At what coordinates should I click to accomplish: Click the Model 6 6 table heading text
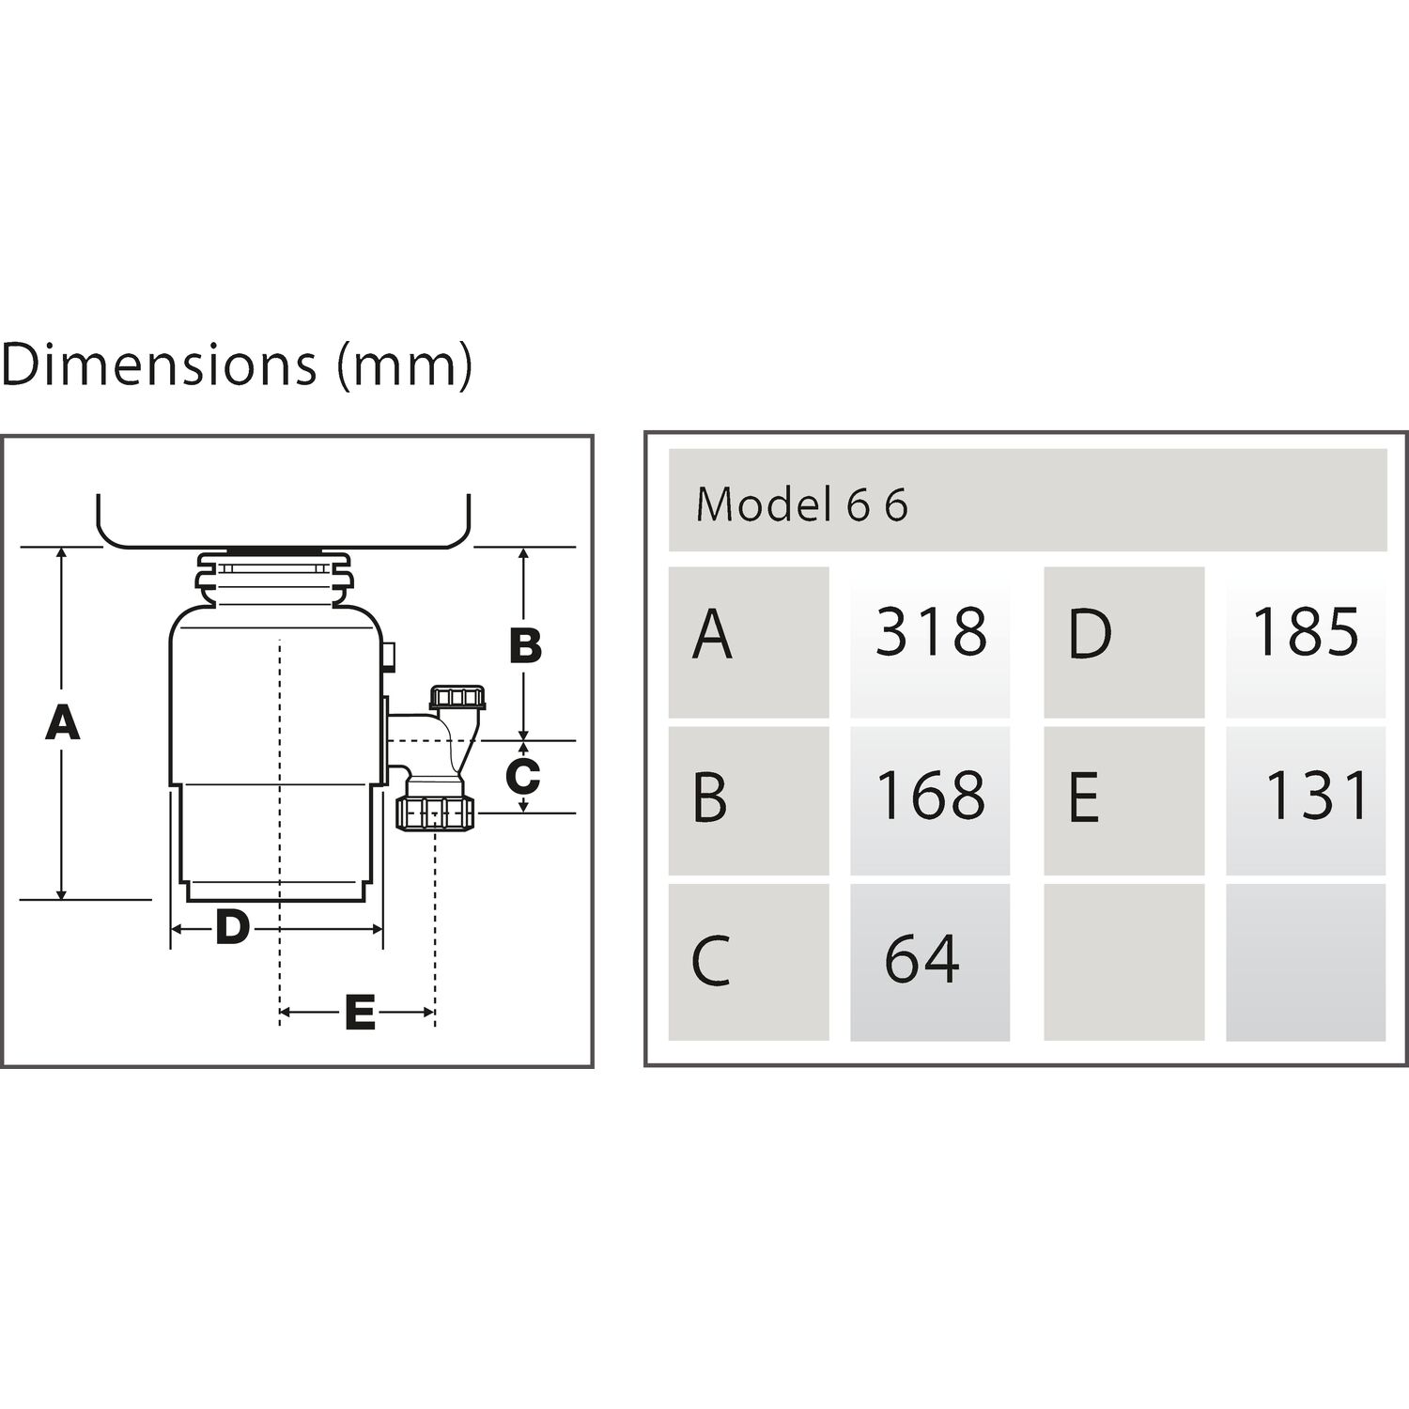coord(802,505)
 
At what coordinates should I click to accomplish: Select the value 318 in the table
coord(931,631)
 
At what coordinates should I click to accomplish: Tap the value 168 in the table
coord(931,795)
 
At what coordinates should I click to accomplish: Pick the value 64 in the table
coord(922,959)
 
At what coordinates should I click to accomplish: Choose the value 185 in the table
coord(1306,631)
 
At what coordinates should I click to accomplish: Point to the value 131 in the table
coord(1317,795)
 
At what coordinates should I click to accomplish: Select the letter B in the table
coord(710,797)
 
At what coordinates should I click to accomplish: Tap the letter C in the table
coord(710,960)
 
